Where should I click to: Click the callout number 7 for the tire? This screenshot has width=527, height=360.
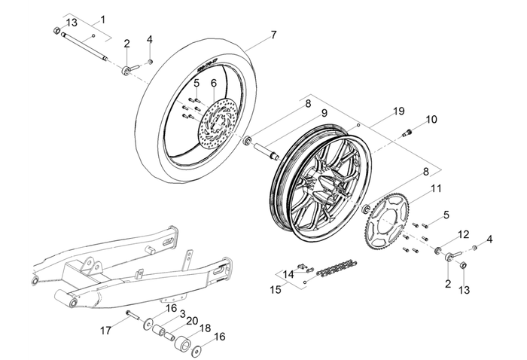point(273,35)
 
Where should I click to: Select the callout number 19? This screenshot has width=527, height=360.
point(399,111)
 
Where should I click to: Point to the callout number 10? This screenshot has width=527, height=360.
point(431,120)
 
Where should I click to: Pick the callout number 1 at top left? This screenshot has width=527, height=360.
point(103,19)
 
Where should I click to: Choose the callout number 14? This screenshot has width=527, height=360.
point(289,275)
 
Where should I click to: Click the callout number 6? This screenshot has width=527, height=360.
point(213,83)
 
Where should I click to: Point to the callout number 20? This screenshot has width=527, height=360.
point(192,320)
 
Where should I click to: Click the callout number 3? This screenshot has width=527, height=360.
point(182,313)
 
